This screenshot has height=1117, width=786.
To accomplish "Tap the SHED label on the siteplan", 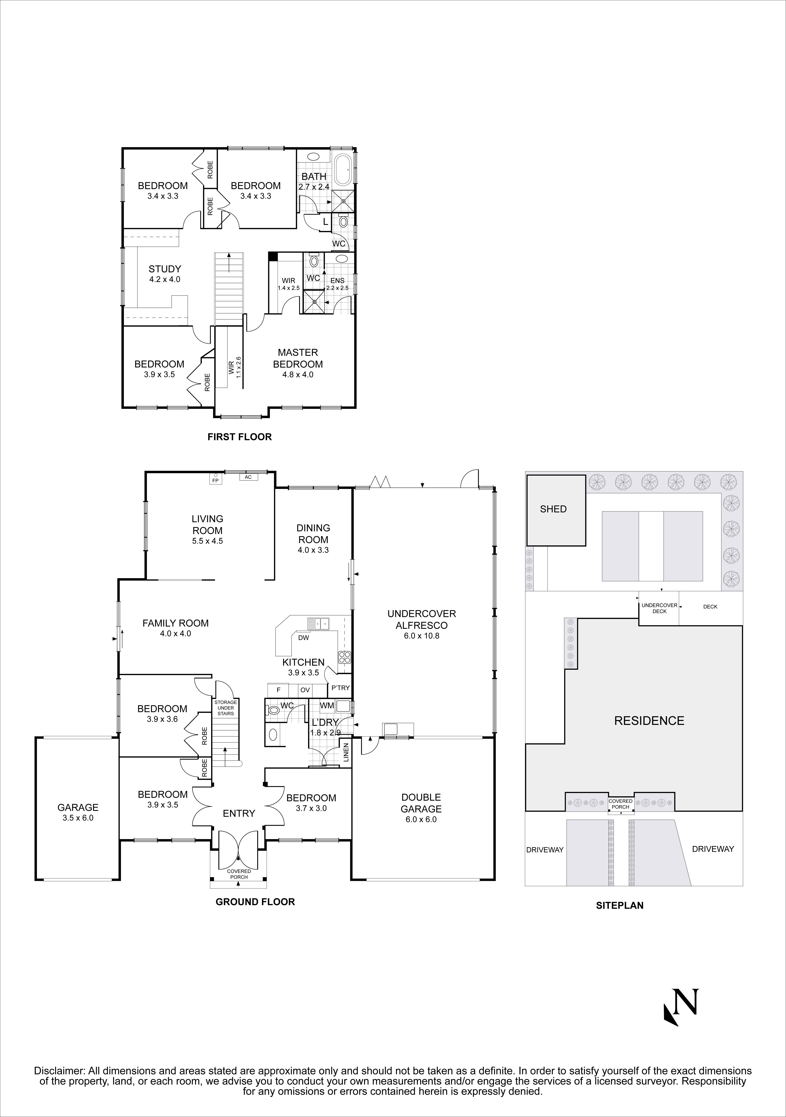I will click(553, 509).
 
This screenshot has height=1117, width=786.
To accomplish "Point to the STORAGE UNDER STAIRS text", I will click(226, 708).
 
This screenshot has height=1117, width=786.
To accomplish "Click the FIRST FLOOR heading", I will click(239, 437).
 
